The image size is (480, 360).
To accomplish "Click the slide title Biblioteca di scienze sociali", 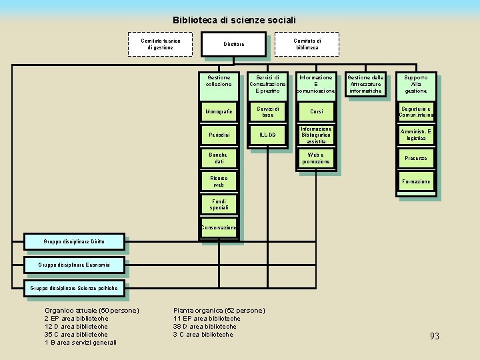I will pyautogui.click(x=234, y=21).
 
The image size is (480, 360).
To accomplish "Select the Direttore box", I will pyautogui.click(x=233, y=45).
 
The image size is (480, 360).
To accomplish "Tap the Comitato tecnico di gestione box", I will pyautogui.click(x=159, y=44).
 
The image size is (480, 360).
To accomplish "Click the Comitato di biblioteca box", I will pyautogui.click(x=307, y=44).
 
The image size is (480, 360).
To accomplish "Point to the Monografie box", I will pyautogui.click(x=218, y=111).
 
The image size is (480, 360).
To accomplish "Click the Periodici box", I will pyautogui.click(x=218, y=135).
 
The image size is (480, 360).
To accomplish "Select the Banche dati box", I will pyautogui.click(x=218, y=159).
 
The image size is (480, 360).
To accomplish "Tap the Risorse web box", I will pyautogui.click(x=218, y=181).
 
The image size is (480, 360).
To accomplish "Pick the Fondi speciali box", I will pyautogui.click(x=218, y=205).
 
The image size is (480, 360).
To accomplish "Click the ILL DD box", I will pyautogui.click(x=267, y=135).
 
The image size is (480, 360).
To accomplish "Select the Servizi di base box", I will pyautogui.click(x=267, y=111).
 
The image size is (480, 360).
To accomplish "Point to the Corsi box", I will pyautogui.click(x=316, y=111).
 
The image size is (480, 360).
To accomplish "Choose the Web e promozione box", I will pyautogui.click(x=316, y=159).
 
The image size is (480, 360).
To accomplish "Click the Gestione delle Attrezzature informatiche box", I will pyautogui.click(x=365, y=85).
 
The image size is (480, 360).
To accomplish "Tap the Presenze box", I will pyautogui.click(x=416, y=159).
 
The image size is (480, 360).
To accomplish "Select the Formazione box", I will pyautogui.click(x=416, y=181).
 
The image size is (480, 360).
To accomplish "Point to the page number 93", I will pyautogui.click(x=434, y=337).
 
